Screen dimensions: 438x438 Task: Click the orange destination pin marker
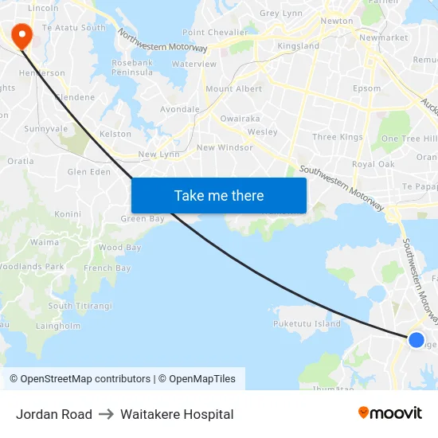tap(19, 33)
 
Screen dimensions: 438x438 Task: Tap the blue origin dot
tap(416, 340)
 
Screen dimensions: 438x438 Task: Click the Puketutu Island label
tap(307, 324)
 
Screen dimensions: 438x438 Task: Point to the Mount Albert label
tap(233, 89)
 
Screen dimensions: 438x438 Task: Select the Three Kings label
tap(338, 137)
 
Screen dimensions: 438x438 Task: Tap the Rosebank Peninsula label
tap(132, 68)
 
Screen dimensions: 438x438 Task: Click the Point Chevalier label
tap(217, 33)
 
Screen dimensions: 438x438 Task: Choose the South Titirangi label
tap(80, 306)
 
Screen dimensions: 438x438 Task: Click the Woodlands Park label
tap(32, 267)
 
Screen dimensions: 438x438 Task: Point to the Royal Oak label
tap(373, 164)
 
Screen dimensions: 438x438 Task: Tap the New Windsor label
tap(225, 147)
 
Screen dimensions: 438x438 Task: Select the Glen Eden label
tap(88, 172)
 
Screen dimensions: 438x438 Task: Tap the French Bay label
tap(108, 268)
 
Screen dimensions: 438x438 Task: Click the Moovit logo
tap(390, 413)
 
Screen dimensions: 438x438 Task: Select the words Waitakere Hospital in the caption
tap(177, 414)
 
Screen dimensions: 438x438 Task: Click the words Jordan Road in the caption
tap(53, 414)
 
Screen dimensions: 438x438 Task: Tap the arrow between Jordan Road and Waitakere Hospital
tap(106, 414)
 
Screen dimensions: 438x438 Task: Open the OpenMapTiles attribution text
tap(197, 379)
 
